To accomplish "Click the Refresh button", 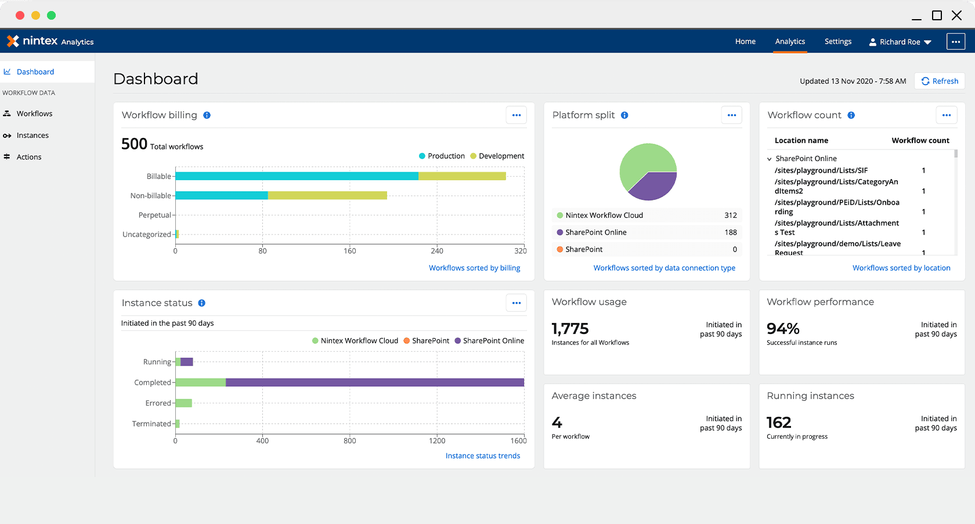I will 940,81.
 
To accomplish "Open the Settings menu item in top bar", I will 837,42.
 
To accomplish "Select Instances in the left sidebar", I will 32,136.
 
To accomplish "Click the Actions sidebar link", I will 29,157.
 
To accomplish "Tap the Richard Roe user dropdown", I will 900,42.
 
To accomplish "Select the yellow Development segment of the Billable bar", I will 462,176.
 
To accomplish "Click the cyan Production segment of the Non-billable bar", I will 221,196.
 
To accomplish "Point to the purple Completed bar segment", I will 374,383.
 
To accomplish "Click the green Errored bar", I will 183,403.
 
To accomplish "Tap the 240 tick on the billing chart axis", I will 437,251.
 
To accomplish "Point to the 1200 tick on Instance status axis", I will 437,441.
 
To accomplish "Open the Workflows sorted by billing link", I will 474,268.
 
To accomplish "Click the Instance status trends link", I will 482,456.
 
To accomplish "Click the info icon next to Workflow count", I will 851,115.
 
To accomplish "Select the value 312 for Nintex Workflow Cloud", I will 730,216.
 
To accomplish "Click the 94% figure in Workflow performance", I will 783,329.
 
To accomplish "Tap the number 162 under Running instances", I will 779,423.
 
